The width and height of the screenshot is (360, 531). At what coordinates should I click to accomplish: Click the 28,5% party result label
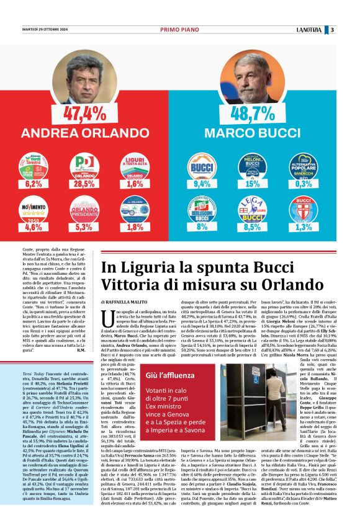(84, 184)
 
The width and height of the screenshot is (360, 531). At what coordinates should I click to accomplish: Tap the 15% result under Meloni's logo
(253, 184)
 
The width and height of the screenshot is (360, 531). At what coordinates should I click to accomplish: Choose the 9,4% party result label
(202, 184)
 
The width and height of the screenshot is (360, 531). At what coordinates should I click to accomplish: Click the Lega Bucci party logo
(253, 208)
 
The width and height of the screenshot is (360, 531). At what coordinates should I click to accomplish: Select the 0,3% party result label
(304, 184)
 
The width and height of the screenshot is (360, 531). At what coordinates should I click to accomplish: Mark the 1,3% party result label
(304, 227)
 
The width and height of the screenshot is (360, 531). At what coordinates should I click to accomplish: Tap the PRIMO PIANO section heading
(179, 29)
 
